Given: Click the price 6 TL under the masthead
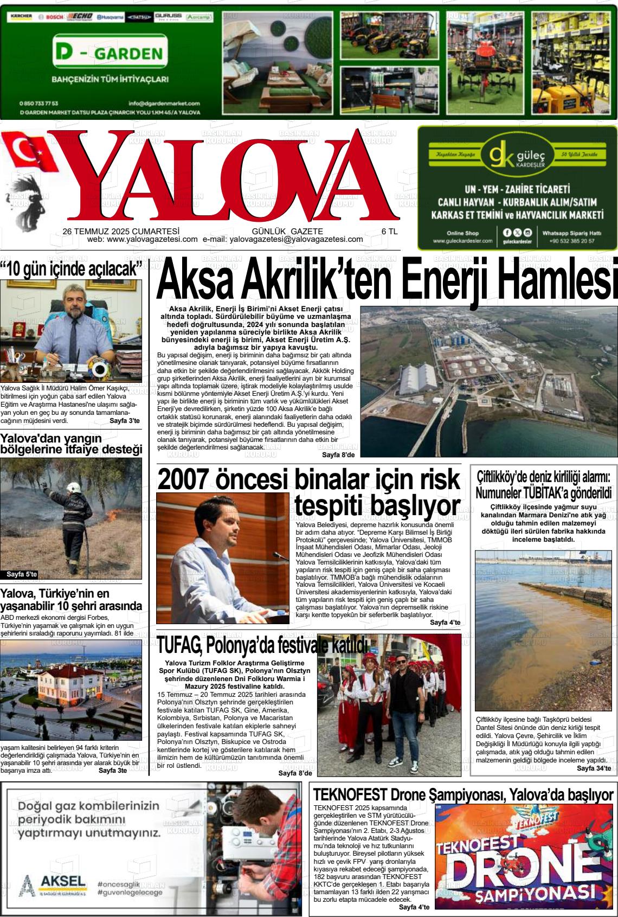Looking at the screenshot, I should tap(389, 231).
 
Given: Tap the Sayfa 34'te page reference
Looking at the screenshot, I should tap(594, 768).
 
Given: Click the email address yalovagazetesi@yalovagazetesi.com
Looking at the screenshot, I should tap(296, 239).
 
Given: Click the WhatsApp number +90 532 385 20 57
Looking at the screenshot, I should tap(571, 241).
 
